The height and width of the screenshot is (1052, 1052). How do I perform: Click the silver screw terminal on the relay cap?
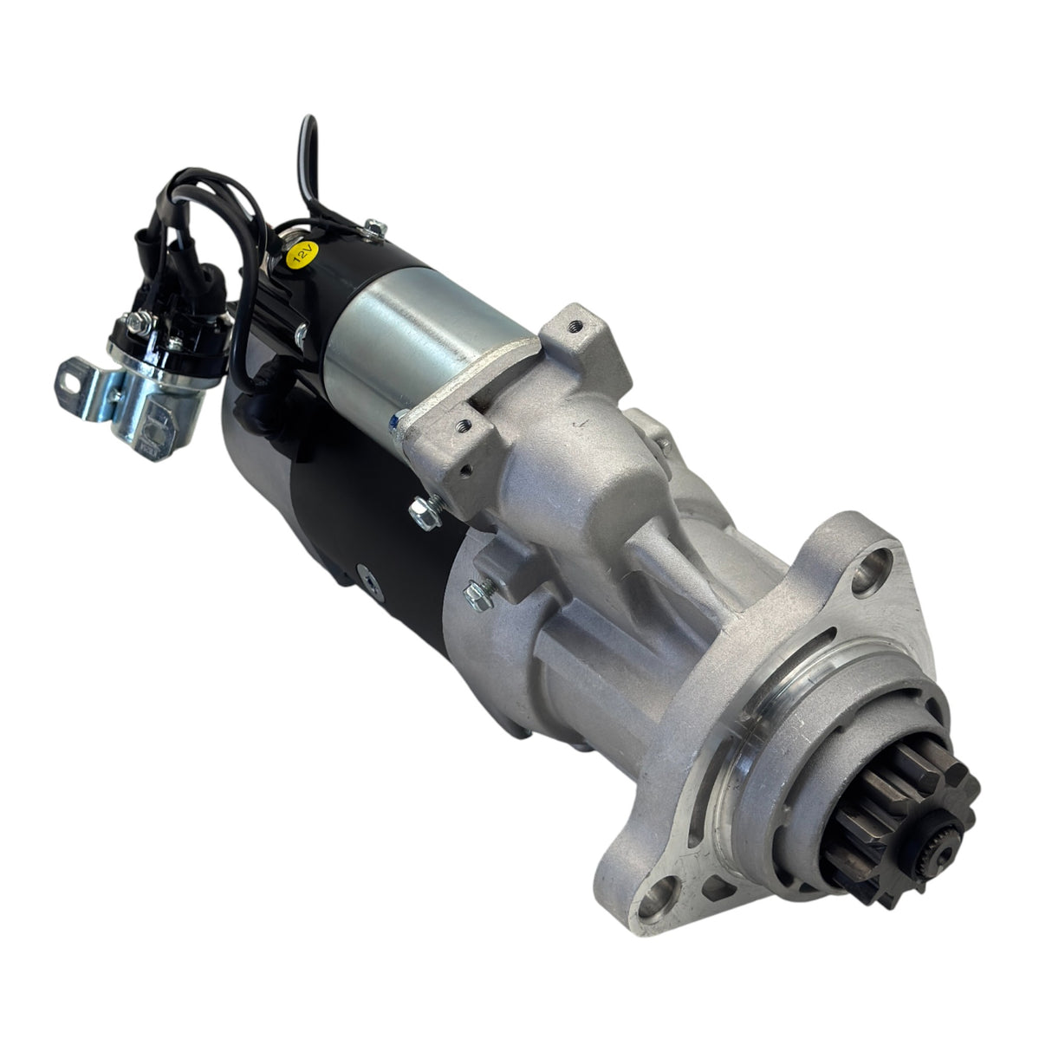[x=140, y=322]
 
